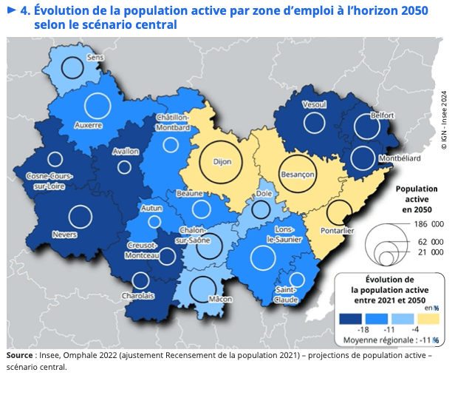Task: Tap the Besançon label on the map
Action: (x=298, y=175)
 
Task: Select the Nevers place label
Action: (x=66, y=235)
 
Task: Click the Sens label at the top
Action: (x=95, y=57)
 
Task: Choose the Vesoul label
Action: (x=315, y=105)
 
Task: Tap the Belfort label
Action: (x=383, y=115)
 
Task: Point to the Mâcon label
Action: (x=220, y=300)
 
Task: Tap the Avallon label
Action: (x=126, y=151)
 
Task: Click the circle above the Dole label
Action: (x=261, y=209)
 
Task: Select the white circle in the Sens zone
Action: (x=72, y=69)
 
